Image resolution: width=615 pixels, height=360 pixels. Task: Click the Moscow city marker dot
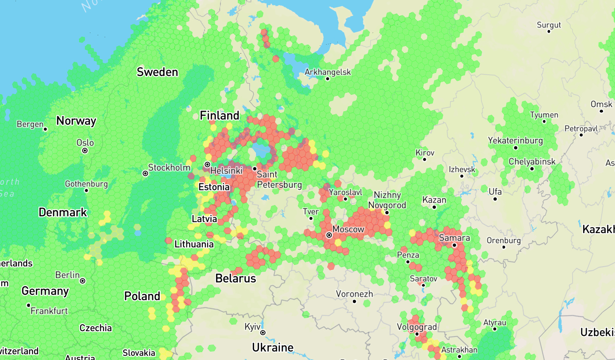pyautogui.click(x=329, y=235)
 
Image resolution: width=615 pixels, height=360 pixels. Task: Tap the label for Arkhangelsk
pyautogui.click(x=328, y=72)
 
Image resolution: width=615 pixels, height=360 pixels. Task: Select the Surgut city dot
pyautogui.click(x=549, y=31)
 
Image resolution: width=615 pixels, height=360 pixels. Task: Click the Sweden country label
pyautogui.click(x=157, y=72)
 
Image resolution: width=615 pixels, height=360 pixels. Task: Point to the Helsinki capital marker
pyautogui.click(x=207, y=165)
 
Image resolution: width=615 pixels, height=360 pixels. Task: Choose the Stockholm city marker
pyautogui.click(x=145, y=173)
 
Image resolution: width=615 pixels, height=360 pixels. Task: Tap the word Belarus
pyautogui.click(x=236, y=279)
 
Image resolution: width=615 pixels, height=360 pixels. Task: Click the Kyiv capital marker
pyautogui.click(x=263, y=333)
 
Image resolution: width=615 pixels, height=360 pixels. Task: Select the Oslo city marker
pyautogui.click(x=85, y=151)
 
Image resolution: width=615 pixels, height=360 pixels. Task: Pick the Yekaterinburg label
pyautogui.click(x=515, y=140)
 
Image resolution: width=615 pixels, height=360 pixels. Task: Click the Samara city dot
pyautogui.click(x=454, y=245)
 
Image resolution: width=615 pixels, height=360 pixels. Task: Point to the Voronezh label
pyautogui.click(x=354, y=294)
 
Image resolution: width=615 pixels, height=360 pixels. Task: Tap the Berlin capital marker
pyautogui.click(x=83, y=281)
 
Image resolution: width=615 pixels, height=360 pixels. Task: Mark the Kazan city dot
pyautogui.click(x=434, y=207)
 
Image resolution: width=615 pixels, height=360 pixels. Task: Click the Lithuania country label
pyautogui.click(x=194, y=244)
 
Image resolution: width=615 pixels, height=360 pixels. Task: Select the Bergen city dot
pyautogui.click(x=45, y=129)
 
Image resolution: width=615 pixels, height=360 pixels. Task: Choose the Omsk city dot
pyautogui.click(x=601, y=111)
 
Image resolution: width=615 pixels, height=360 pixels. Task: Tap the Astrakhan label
pyautogui.click(x=459, y=350)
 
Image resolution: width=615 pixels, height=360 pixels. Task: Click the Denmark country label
pyautogui.click(x=63, y=213)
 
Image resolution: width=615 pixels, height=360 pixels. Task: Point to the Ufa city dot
pyautogui.click(x=495, y=199)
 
